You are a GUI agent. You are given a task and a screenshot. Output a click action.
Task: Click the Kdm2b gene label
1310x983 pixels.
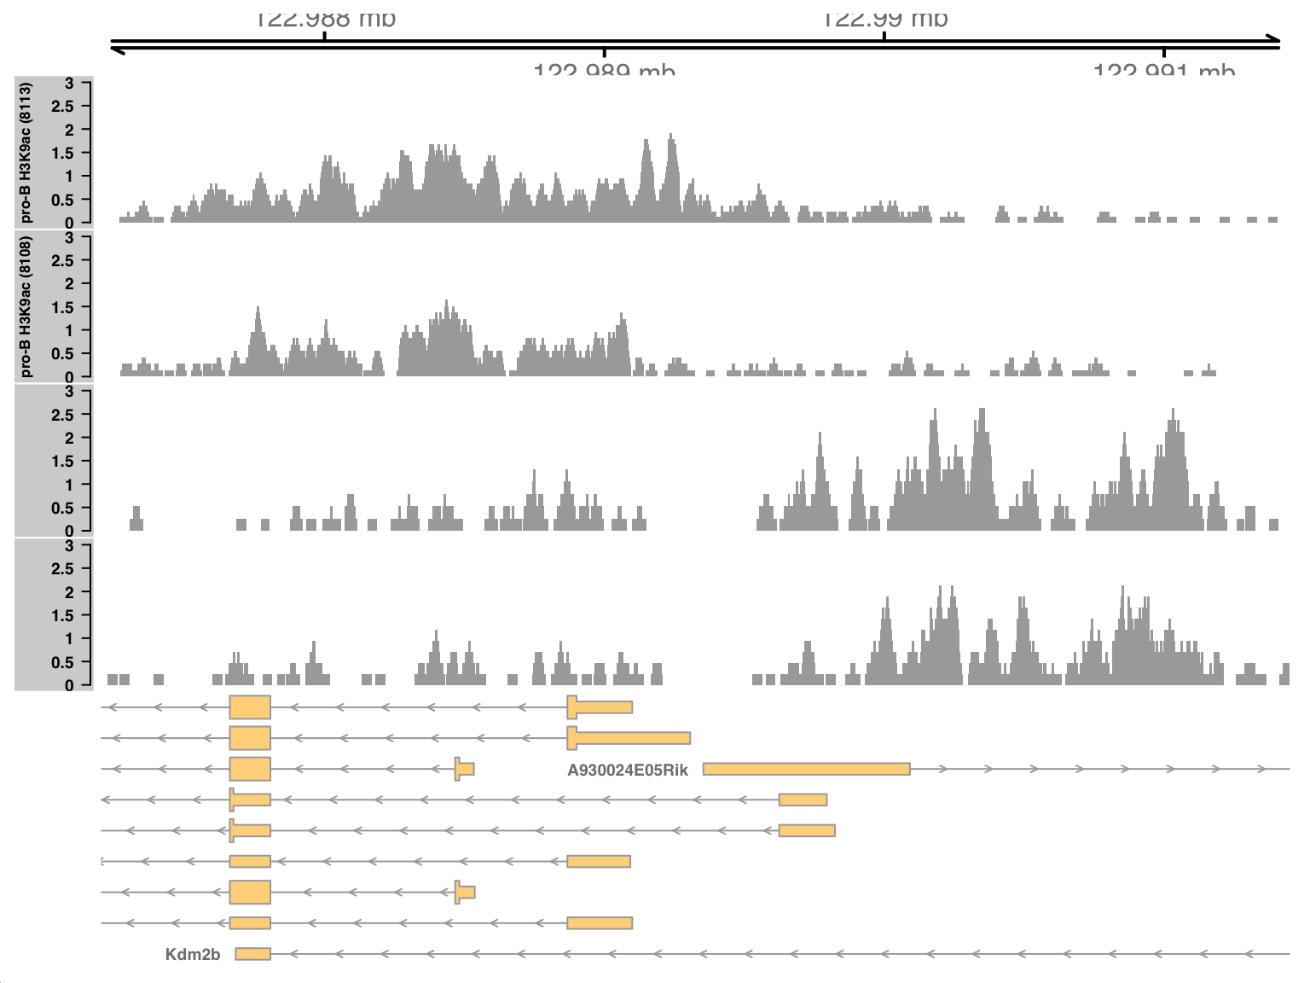pos(193,954)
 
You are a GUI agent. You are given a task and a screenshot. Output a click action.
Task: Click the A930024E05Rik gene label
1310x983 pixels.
pos(627,770)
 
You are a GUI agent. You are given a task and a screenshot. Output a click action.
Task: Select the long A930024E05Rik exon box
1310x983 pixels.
pos(806,769)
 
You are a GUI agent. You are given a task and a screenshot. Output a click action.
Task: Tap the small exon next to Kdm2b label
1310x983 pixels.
pos(252,954)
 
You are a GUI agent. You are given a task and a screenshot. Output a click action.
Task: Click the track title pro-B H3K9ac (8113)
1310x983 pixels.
pos(26,153)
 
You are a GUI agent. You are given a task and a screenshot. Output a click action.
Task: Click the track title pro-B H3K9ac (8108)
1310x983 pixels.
pos(26,307)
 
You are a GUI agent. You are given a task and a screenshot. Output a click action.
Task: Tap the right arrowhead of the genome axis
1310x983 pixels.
pos(1274,38)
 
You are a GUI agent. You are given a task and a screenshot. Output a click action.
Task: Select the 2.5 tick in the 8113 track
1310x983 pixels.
pos(63,107)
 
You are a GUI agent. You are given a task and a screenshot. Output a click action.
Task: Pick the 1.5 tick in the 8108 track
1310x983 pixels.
pos(63,307)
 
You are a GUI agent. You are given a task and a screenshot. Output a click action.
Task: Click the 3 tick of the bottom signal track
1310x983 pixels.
pos(69,546)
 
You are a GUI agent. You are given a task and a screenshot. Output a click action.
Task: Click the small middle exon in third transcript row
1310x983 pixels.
pos(465,769)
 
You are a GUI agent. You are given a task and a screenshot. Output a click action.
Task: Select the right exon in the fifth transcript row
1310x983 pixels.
pos(807,830)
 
